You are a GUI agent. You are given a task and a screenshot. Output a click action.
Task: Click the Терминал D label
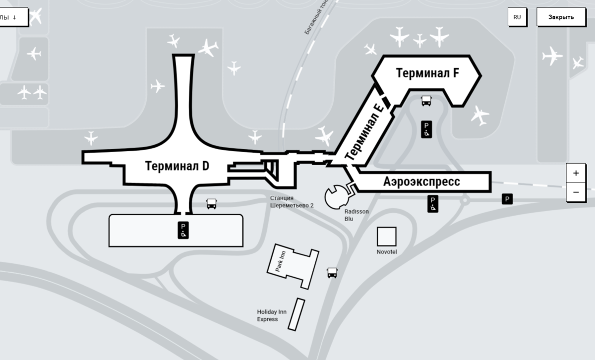177,167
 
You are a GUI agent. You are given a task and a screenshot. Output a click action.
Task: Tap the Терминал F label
427,73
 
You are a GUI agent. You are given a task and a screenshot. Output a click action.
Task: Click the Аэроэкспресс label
421,182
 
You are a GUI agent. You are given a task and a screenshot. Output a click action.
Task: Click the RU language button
517,17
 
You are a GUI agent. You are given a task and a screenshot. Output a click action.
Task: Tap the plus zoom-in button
576,173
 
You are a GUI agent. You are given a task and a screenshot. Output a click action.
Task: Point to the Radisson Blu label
357,215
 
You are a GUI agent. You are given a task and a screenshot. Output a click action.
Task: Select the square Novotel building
387,237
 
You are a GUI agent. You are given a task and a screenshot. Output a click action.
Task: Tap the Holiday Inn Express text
272,315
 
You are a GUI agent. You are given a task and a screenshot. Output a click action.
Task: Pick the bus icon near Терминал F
426,101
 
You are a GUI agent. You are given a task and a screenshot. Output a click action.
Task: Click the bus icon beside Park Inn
332,272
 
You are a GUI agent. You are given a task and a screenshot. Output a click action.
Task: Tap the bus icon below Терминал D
211,203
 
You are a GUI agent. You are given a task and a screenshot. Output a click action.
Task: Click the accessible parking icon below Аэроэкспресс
433,204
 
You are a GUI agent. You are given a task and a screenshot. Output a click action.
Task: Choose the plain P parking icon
507,199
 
